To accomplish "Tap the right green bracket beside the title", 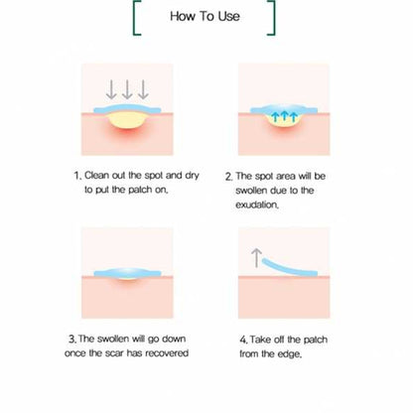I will coord(272,17).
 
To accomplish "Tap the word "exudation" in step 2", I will coord(282,205).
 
